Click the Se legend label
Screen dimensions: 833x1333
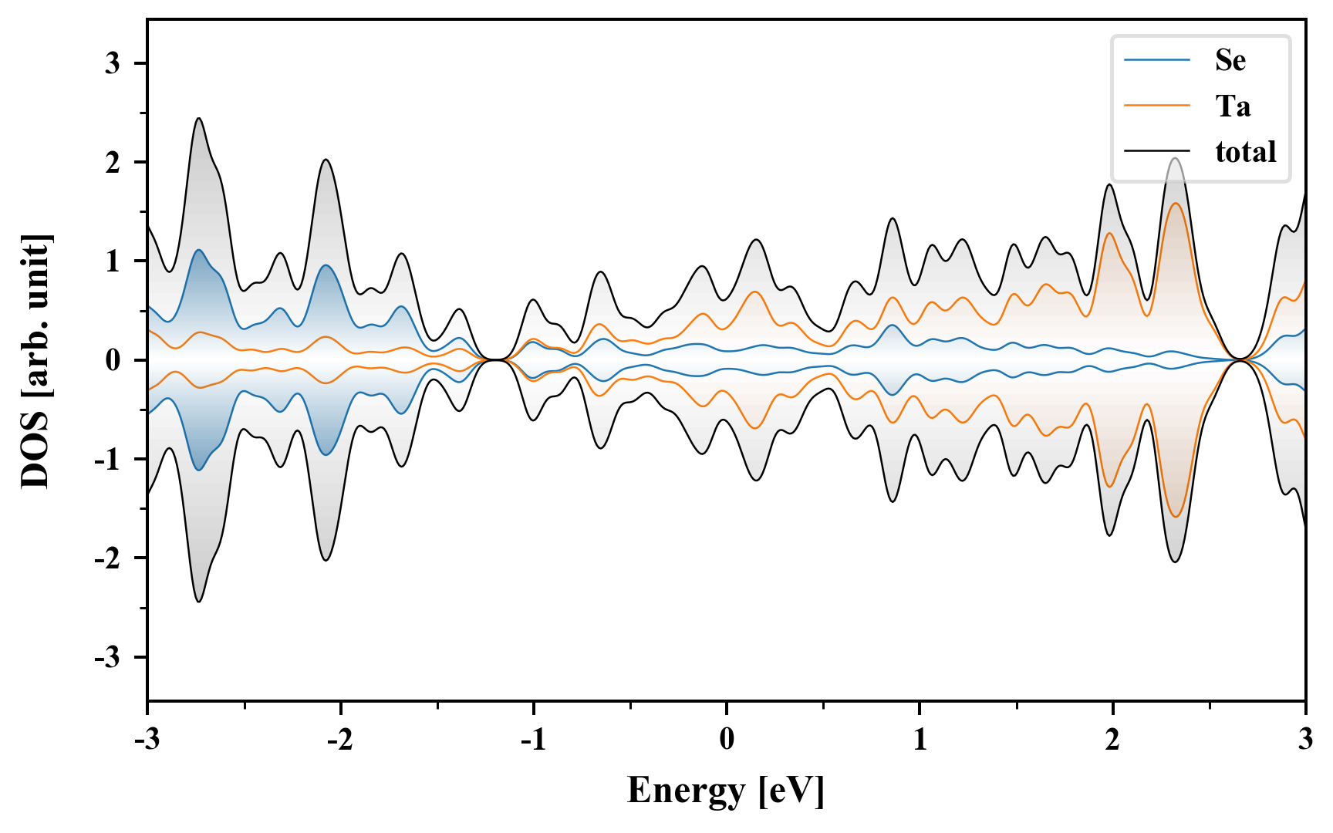point(1230,60)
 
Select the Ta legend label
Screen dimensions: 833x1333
point(1232,106)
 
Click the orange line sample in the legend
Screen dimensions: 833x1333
point(1157,105)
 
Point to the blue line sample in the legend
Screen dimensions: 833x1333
point(1157,59)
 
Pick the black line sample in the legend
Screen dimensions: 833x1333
point(1157,150)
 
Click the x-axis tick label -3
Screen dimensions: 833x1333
point(147,740)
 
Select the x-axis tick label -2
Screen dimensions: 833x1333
point(340,740)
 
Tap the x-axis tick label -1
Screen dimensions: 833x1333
point(533,740)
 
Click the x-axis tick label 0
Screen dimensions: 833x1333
point(727,740)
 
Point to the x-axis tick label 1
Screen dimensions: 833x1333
point(920,740)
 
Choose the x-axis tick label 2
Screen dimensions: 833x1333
point(1112,740)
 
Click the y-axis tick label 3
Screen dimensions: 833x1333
point(113,63)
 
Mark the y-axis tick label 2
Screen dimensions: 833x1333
point(113,162)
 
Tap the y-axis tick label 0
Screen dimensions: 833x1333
point(113,360)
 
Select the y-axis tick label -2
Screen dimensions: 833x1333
point(108,558)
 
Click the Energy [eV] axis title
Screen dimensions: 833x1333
point(726,791)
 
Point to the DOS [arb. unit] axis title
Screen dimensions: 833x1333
point(35,360)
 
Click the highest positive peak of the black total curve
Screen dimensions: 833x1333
point(199,118)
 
